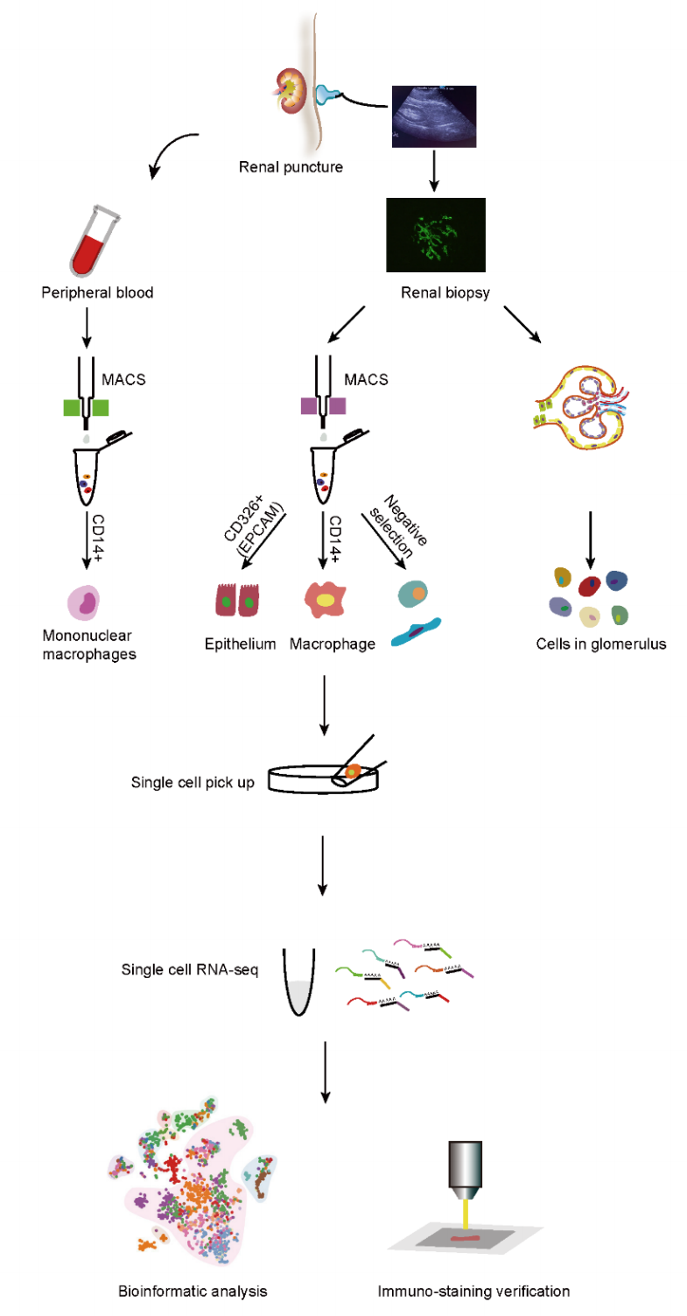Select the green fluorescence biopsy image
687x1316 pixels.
point(435,234)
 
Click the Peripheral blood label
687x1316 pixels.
point(97,292)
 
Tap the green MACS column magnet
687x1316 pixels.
point(86,407)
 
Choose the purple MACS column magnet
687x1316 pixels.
point(323,406)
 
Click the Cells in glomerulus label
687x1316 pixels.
point(591,645)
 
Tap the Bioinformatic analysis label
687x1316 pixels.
point(193,1291)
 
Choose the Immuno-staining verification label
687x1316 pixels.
point(473,1291)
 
